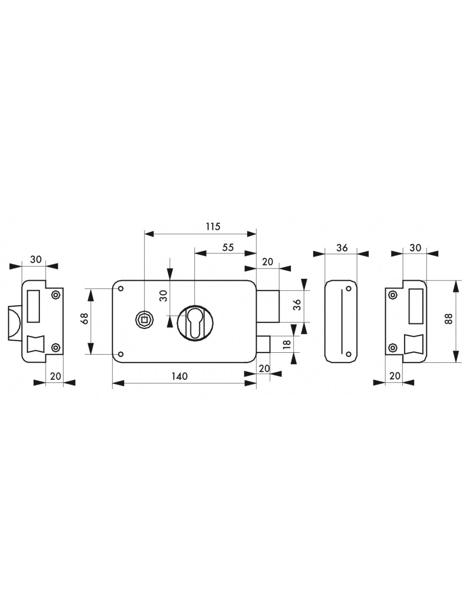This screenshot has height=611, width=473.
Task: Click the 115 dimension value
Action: coord(212,226)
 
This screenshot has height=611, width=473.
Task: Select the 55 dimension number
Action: coord(228,247)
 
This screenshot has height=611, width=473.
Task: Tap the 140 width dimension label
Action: coord(179,376)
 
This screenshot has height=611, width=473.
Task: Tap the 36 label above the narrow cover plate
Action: coord(341,248)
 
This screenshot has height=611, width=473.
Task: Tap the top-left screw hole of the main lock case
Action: coord(120,288)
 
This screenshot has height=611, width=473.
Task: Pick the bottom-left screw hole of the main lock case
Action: coord(120,354)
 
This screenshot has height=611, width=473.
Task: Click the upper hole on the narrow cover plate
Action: coord(349,288)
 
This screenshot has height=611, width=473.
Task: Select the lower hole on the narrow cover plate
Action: coord(349,354)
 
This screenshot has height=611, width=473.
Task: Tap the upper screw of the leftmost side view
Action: coord(55,295)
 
